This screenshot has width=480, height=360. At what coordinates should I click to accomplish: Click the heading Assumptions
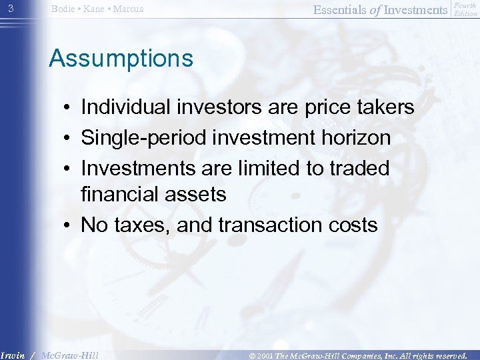pyautogui.click(x=121, y=59)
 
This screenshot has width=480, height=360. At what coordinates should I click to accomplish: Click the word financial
pyautogui.click(x=119, y=194)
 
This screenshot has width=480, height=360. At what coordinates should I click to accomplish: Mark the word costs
pyautogui.click(x=351, y=225)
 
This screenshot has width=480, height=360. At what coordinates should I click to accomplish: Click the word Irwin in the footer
pyautogui.click(x=13, y=355)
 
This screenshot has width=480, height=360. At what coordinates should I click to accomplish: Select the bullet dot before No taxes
pyautogui.click(x=68, y=226)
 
